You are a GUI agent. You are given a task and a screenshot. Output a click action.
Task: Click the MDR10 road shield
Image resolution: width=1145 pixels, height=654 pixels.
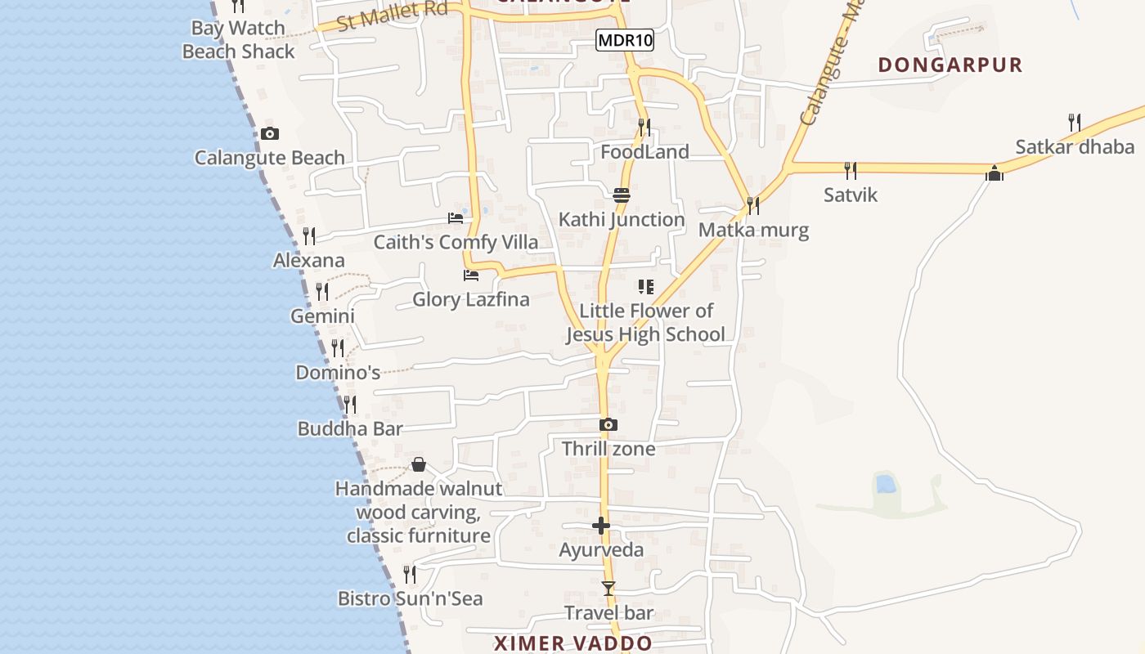(625, 40)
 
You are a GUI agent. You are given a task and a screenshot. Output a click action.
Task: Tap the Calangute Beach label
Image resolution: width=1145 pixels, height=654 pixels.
(269, 158)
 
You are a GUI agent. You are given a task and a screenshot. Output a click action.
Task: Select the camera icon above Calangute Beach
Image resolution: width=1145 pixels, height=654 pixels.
(270, 134)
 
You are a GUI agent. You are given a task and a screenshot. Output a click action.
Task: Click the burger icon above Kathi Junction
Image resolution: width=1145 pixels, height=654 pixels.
(622, 195)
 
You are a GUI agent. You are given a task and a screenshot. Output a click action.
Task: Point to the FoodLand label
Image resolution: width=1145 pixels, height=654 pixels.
(644, 152)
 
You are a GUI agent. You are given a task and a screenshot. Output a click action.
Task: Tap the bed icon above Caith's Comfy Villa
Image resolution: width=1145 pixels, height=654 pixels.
(456, 218)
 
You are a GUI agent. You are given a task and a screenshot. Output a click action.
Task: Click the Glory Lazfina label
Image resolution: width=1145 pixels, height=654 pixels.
(470, 299)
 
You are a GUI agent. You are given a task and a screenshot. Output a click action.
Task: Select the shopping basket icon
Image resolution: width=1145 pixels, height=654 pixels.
(419, 465)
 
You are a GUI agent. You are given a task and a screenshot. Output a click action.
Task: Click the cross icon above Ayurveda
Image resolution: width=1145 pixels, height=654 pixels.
(601, 526)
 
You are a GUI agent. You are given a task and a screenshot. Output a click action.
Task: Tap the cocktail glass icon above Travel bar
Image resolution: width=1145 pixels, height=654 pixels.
(608, 588)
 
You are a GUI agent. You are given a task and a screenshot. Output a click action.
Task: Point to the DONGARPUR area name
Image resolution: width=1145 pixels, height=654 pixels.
(950, 65)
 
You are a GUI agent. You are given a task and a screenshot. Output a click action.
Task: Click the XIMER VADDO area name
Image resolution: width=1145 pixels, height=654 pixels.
(573, 643)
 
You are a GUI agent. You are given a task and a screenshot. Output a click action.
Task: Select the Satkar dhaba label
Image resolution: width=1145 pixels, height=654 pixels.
(1075, 147)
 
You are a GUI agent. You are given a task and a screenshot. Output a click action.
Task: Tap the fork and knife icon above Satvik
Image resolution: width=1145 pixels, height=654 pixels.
(851, 170)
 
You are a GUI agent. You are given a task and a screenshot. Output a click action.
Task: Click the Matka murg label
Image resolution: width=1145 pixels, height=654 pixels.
(753, 230)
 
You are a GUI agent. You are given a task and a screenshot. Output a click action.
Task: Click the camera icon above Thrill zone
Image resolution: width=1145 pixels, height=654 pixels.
(608, 425)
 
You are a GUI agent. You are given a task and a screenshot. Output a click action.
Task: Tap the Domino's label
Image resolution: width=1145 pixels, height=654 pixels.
(338, 373)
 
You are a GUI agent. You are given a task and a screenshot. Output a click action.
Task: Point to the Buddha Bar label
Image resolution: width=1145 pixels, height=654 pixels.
(350, 428)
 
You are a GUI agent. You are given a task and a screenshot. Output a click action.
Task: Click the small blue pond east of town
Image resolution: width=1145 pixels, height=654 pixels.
(885, 484)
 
